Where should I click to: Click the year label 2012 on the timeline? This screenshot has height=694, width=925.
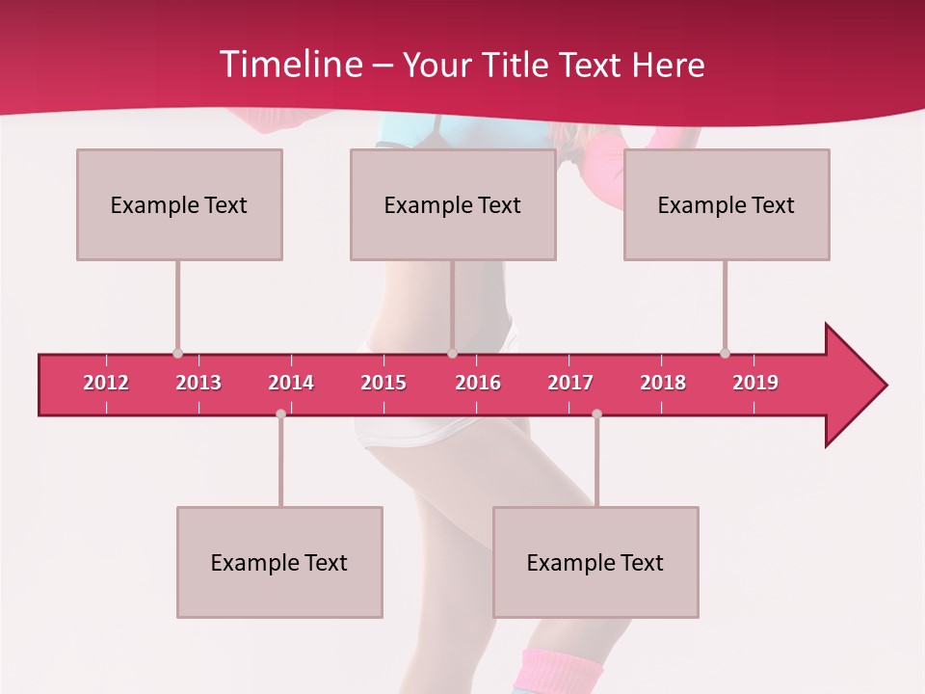click(x=106, y=383)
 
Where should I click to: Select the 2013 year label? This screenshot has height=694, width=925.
click(x=198, y=383)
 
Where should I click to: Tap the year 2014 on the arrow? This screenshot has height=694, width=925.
click(x=291, y=383)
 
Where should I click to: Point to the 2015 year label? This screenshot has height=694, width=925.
click(x=383, y=383)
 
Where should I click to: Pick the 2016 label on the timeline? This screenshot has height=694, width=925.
click(x=478, y=383)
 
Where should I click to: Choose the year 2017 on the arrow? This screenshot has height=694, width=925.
click(x=570, y=383)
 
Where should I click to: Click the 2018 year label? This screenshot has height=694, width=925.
click(x=663, y=383)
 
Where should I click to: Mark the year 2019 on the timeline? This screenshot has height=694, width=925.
click(x=755, y=383)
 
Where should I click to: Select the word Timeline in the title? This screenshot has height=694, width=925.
click(x=289, y=65)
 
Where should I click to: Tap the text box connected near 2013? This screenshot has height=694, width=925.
click(x=179, y=204)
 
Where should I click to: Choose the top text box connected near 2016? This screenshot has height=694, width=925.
click(x=453, y=204)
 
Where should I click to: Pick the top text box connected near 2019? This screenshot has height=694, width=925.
click(x=727, y=204)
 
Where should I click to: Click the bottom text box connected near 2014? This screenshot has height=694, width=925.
click(x=279, y=562)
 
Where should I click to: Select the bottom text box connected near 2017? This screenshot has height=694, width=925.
click(x=595, y=562)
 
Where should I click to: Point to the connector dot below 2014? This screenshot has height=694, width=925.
click(x=280, y=414)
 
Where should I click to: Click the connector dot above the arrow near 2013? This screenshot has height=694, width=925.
click(x=177, y=353)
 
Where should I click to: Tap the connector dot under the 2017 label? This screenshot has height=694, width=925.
click(x=596, y=414)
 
